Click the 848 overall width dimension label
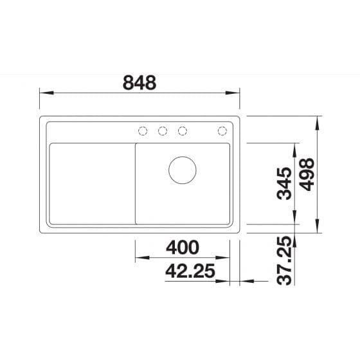(x=139, y=83)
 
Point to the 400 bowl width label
(x=182, y=248)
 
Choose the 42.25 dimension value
(x=190, y=271)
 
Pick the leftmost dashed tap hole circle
(x=143, y=131)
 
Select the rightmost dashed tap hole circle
(x=222, y=131)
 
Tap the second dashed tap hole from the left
(x=163, y=131)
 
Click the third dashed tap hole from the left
(x=183, y=131)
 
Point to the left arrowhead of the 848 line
(x=42, y=93)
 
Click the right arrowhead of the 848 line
(x=237, y=93)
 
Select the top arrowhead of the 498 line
(x=318, y=120)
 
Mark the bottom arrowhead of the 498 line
(x=318, y=230)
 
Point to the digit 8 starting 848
(x=129, y=83)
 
